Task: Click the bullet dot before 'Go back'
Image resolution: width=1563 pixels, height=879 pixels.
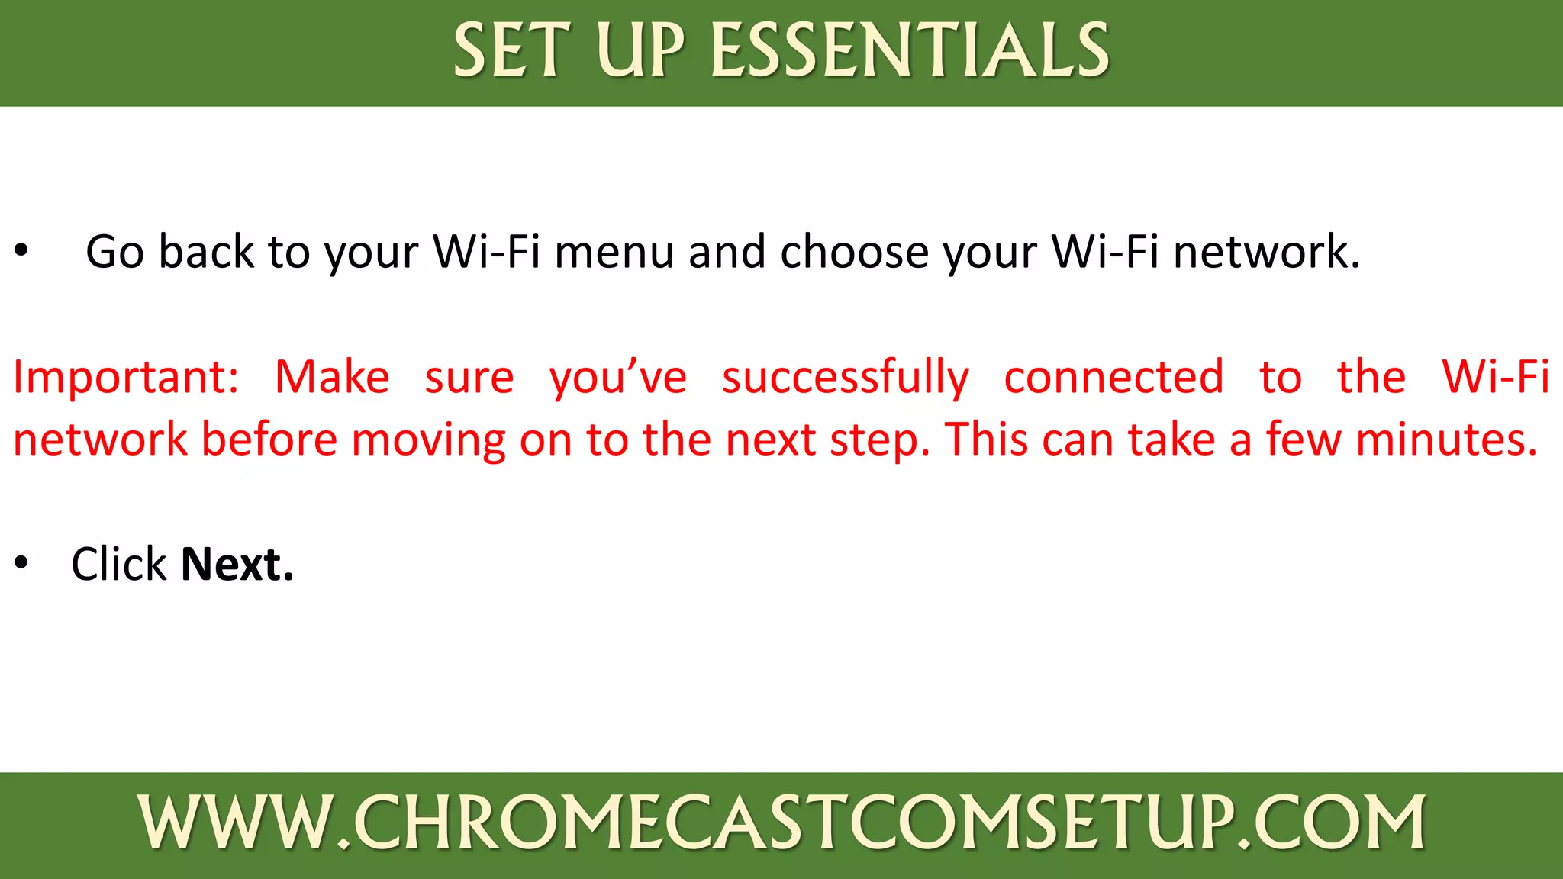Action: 21,250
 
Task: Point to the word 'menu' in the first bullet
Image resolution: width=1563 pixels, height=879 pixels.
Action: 614,252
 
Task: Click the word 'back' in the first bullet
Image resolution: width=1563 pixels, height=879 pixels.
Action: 206,252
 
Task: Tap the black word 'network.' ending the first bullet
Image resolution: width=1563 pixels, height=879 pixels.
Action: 1266,252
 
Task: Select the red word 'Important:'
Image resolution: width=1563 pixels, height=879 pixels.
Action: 126,377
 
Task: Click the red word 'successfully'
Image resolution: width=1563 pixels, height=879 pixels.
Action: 846,377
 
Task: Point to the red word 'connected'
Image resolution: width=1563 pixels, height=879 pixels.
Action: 1113,377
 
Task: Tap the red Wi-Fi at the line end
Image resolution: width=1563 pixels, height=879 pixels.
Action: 1495,377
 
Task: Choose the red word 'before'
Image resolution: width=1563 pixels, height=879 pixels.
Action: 269,439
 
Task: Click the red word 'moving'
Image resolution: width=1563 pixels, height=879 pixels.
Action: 428,441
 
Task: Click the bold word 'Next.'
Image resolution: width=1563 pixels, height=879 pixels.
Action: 237,565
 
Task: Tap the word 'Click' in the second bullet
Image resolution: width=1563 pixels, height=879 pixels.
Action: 118,565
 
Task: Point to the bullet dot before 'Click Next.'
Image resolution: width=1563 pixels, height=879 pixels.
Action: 21,562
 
